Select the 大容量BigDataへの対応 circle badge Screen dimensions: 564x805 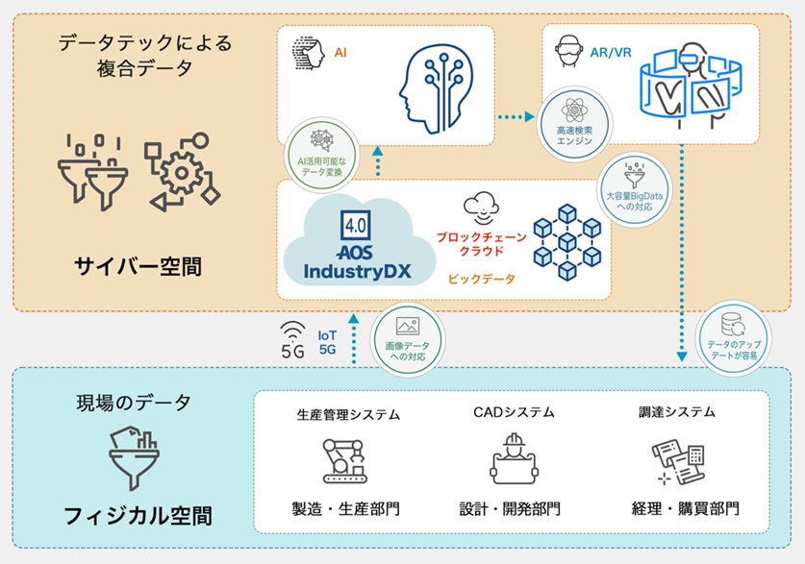click(631, 192)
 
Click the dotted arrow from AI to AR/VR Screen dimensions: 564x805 click(516, 117)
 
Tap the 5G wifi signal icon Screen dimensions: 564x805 click(292, 341)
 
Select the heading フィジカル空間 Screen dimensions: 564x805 click(137, 514)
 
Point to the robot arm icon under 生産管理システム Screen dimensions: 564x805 click(347, 460)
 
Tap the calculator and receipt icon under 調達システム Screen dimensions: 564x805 click(677, 459)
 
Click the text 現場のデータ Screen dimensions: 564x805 click(134, 403)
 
